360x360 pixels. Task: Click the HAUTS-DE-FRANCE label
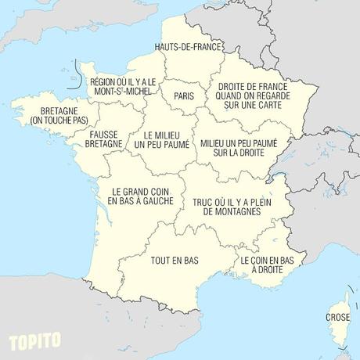[189, 47]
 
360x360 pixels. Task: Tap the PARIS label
[184, 96]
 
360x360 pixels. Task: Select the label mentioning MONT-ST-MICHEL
[124, 86]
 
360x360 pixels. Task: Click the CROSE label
[337, 318]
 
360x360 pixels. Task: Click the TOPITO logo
[34, 342]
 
